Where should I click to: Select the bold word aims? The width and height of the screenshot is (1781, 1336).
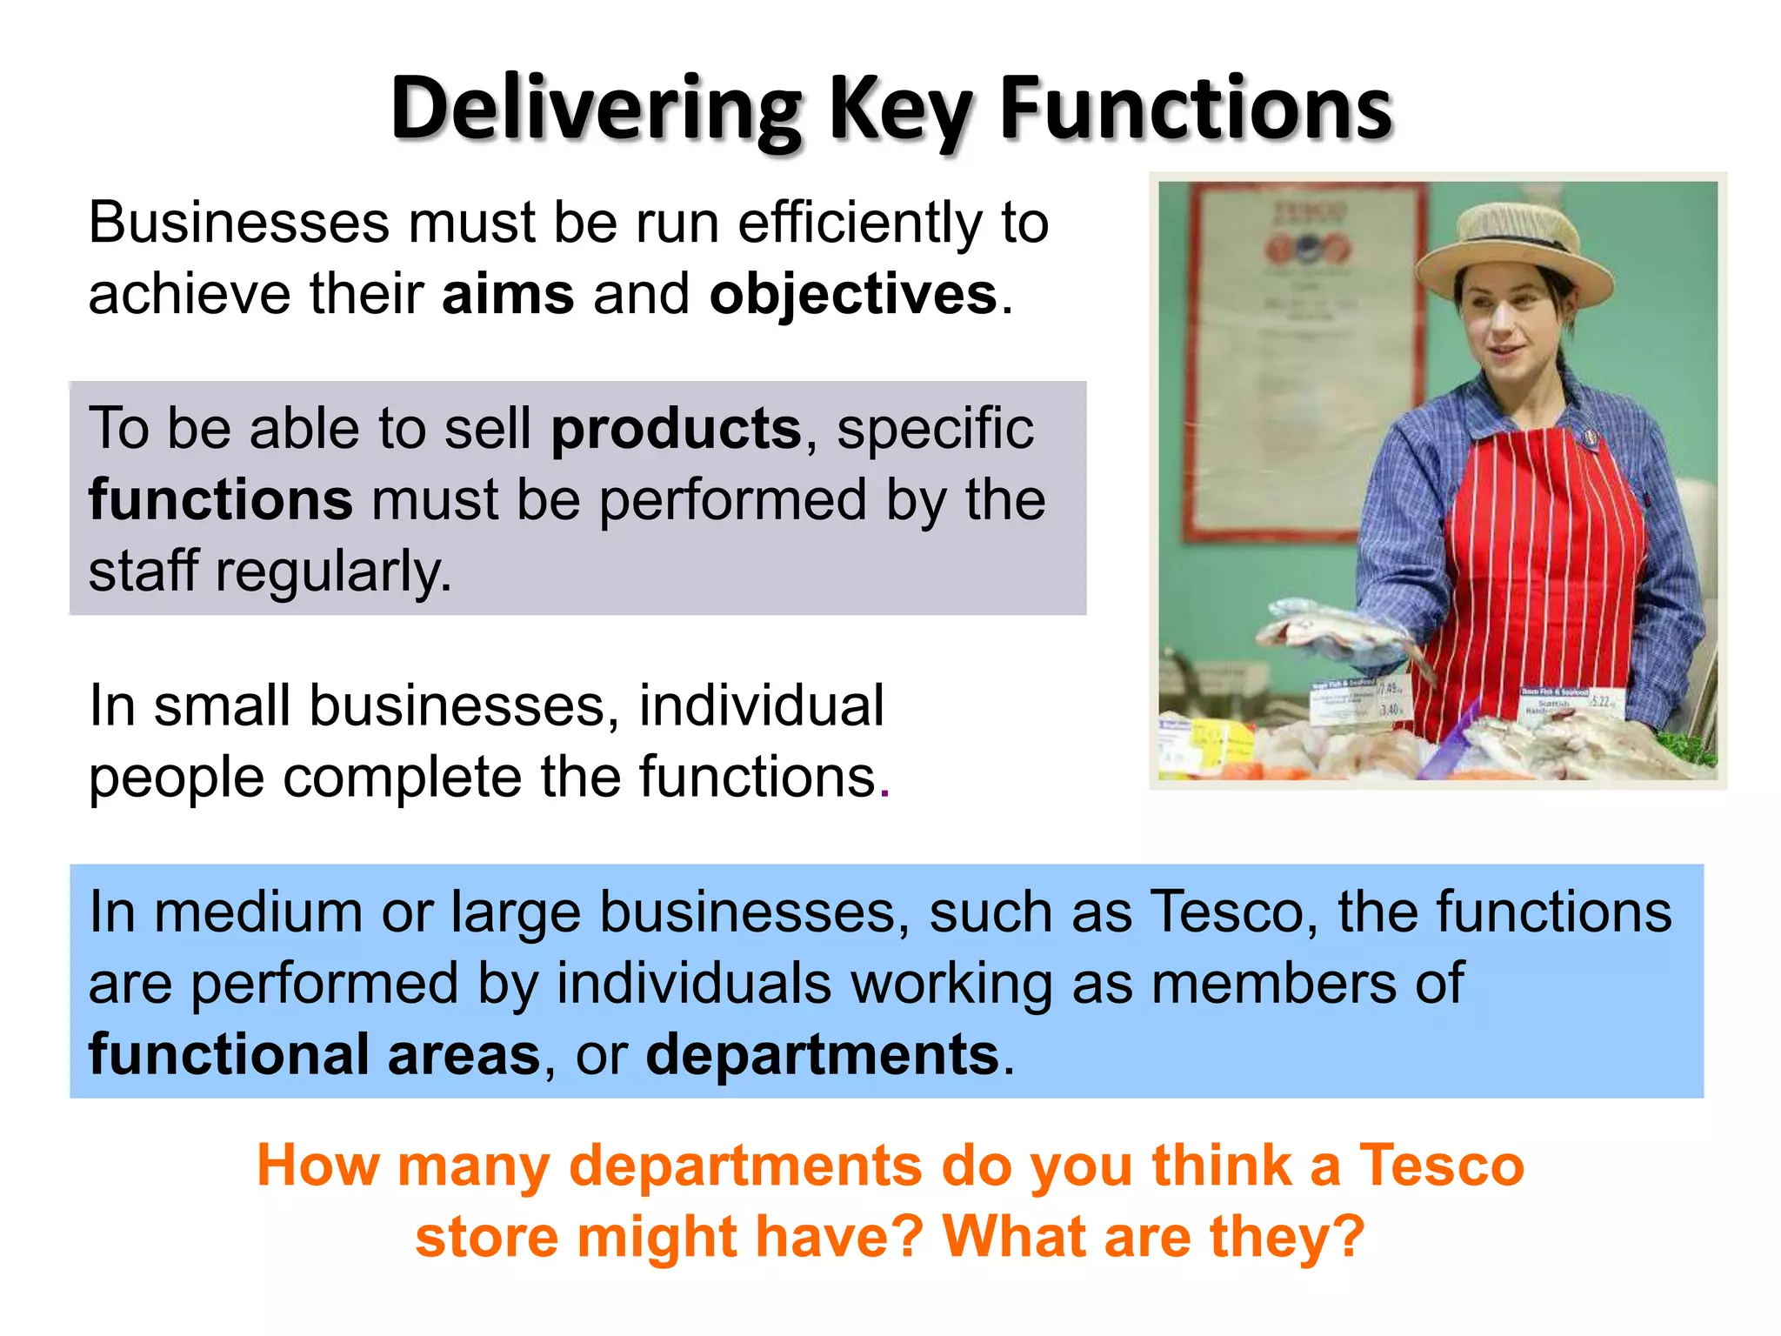click(x=508, y=294)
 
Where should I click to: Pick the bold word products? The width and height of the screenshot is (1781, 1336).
click(x=676, y=429)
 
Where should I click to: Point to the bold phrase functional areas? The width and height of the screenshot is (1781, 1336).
click(x=314, y=1055)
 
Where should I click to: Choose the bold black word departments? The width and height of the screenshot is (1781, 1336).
click(x=822, y=1055)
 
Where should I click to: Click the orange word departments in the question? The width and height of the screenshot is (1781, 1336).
click(x=745, y=1166)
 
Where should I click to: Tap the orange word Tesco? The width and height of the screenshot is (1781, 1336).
click(x=1441, y=1166)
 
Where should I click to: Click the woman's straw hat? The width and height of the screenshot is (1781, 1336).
click(x=1514, y=252)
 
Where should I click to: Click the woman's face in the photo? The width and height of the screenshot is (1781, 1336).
click(x=1509, y=326)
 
